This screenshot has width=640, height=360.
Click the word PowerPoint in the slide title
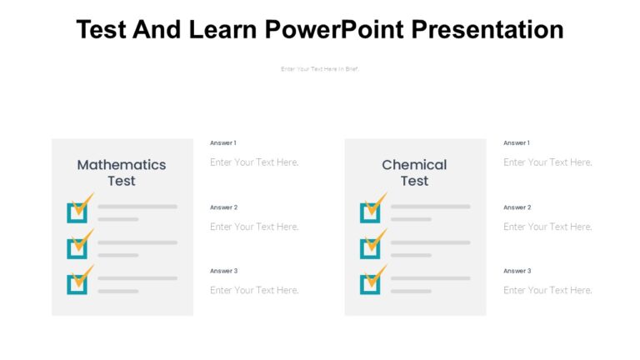click(x=334, y=30)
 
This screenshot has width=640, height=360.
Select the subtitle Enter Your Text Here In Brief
click(x=319, y=69)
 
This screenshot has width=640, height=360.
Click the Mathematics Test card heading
click(x=122, y=172)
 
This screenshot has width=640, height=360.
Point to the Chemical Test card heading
click(x=414, y=172)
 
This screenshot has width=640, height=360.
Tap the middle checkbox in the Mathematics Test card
click(x=77, y=247)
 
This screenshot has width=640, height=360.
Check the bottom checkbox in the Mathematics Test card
click(x=77, y=283)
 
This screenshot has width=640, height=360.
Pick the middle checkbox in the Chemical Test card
click(x=370, y=247)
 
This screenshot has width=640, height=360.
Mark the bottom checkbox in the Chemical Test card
click(x=370, y=283)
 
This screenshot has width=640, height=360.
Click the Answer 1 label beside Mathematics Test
click(x=223, y=143)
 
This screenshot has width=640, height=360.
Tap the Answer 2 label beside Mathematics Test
click(x=223, y=207)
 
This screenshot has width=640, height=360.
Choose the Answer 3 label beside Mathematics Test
click(x=223, y=271)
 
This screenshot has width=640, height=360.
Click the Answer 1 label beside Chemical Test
click(x=517, y=143)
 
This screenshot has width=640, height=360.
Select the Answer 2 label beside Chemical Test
click(x=517, y=207)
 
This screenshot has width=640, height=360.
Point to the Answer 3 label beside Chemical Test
click(x=517, y=271)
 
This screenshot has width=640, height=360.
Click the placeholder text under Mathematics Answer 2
click(x=254, y=227)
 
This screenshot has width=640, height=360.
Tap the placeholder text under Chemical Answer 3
click(x=547, y=290)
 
